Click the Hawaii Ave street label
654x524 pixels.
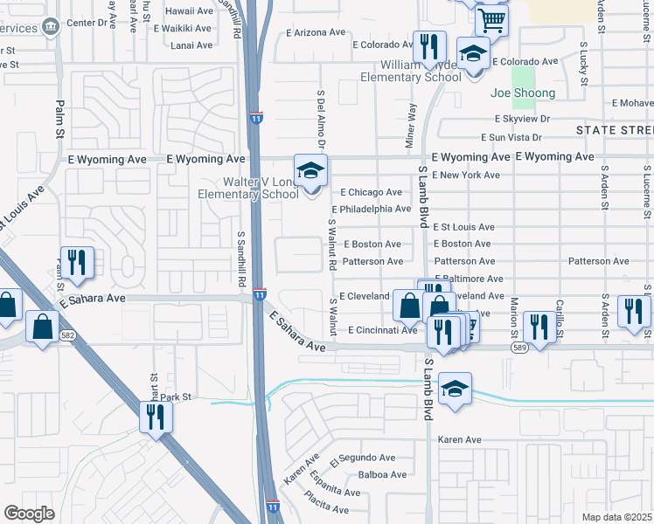click(191, 10)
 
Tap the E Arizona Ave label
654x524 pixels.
click(316, 32)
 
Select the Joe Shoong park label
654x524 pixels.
click(523, 93)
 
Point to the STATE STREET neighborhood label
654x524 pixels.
click(615, 130)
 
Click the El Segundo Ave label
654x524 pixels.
click(363, 458)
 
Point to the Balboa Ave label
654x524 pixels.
click(382, 475)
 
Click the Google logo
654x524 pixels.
click(29, 514)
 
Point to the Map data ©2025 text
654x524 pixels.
click(616, 517)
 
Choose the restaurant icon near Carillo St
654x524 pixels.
click(539, 327)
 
